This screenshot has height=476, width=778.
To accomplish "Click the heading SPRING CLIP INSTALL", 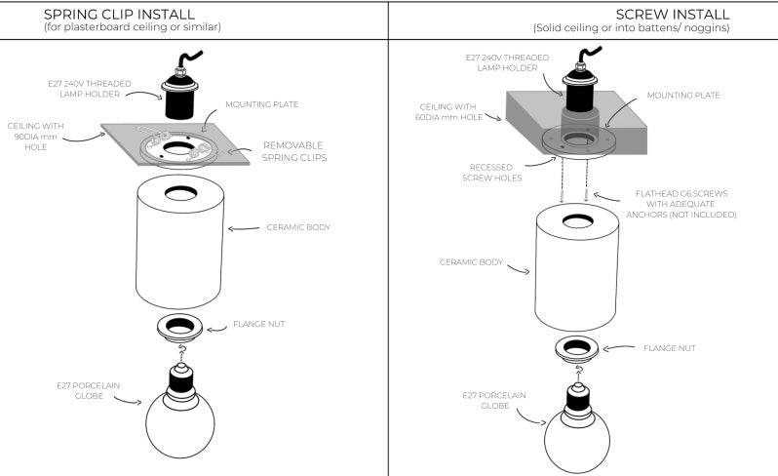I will [x=120, y=14].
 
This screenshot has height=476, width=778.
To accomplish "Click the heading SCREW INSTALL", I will [x=673, y=14].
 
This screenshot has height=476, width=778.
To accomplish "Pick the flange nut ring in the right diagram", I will [x=577, y=347].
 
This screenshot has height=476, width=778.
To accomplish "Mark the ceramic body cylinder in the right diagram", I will [x=577, y=268].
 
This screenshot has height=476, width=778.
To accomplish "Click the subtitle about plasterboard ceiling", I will [x=133, y=27].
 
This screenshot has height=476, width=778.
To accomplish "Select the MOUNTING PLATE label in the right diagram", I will [x=683, y=96].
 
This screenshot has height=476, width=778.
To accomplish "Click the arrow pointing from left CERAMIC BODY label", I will [x=244, y=229].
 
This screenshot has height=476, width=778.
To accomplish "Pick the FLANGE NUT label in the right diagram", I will [x=669, y=347].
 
